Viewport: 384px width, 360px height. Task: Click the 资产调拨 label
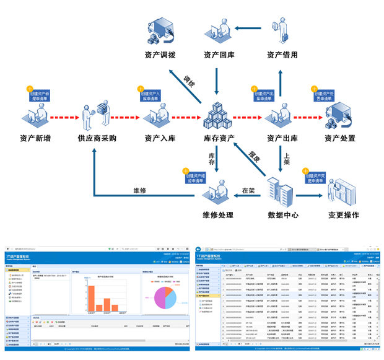pos(160,55)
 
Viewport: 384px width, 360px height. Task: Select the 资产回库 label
pos(219,55)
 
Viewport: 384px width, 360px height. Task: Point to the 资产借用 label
pos(282,55)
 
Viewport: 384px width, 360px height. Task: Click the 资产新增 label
pos(35,138)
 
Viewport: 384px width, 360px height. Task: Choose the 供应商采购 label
pos(97,138)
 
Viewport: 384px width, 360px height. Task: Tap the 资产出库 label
pos(282,138)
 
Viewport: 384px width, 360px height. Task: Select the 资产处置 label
pos(340,138)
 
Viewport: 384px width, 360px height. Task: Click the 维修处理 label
pos(218,216)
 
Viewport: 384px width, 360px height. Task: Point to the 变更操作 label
pos(344,216)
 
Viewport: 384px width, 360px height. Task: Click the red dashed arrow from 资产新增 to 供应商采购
pos(64,117)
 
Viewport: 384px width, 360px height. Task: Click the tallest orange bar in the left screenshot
pos(91,298)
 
